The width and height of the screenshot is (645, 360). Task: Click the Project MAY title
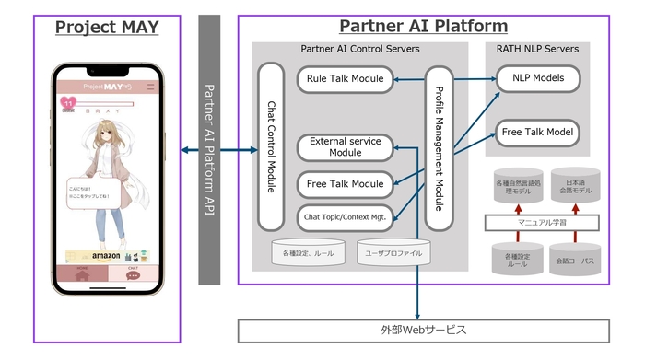point(107,27)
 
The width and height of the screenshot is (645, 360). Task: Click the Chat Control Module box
point(271,146)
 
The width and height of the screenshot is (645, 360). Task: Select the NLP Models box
point(538,79)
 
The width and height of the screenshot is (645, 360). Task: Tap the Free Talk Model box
point(538,133)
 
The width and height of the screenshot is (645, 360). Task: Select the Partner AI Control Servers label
point(359,49)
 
